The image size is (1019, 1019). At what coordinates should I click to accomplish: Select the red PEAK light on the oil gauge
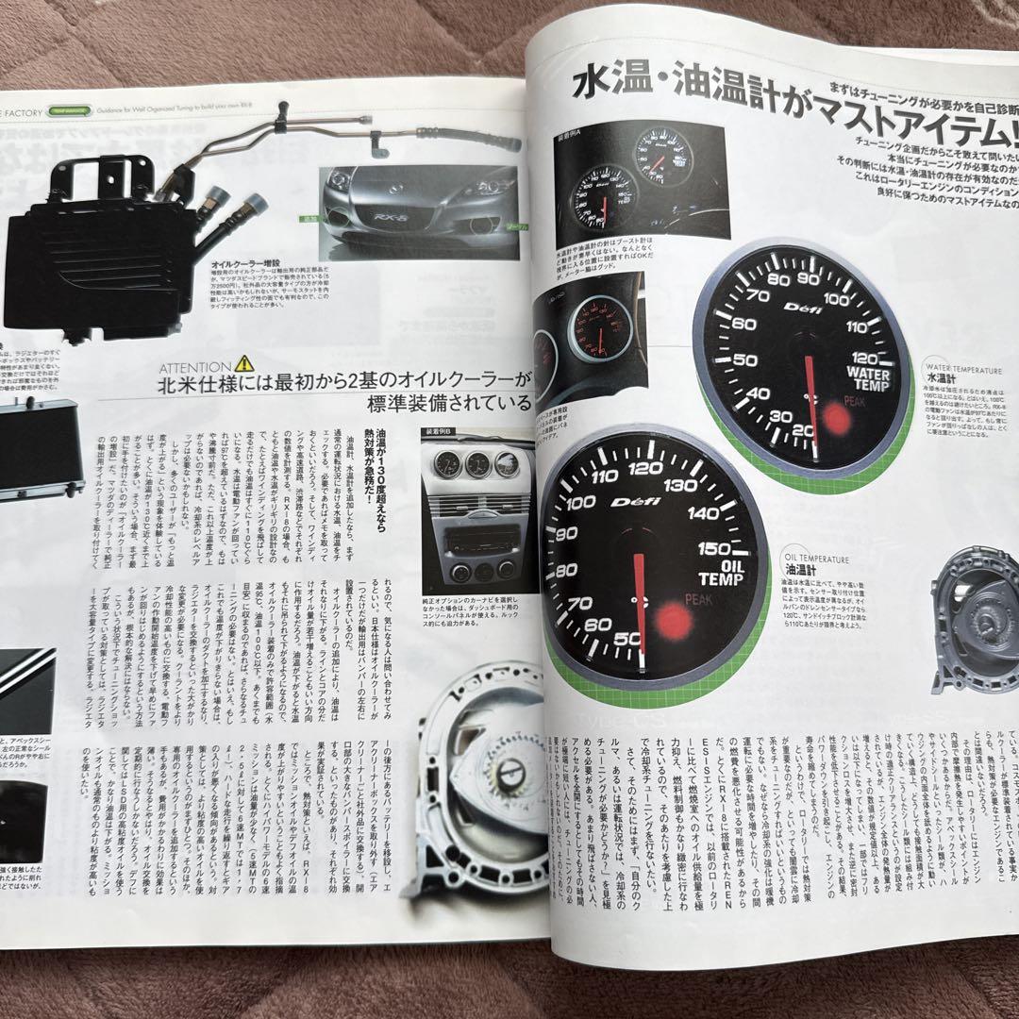(x=674, y=619)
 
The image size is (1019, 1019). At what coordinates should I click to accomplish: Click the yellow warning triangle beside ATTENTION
(x=243, y=362)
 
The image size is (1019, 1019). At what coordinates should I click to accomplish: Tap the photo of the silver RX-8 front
(x=420, y=212)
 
